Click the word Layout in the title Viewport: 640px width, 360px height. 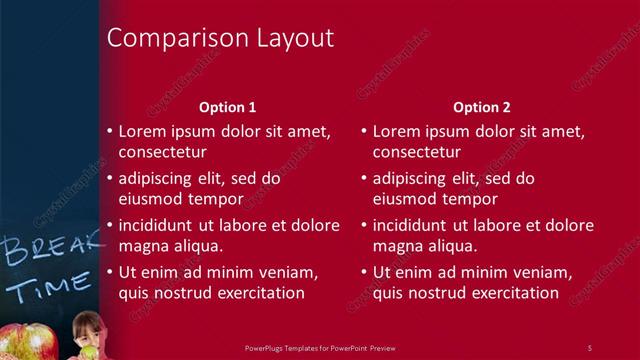pyautogui.click(x=291, y=39)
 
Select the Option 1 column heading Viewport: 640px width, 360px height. pyautogui.click(x=227, y=107)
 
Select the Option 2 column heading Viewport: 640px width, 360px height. pyautogui.click(x=481, y=107)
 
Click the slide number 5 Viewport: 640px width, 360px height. pyautogui.click(x=589, y=347)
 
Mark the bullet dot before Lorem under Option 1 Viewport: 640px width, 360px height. pyautogui.click(x=109, y=131)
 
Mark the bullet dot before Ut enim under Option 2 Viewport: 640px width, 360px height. pyautogui.click(x=363, y=272)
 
